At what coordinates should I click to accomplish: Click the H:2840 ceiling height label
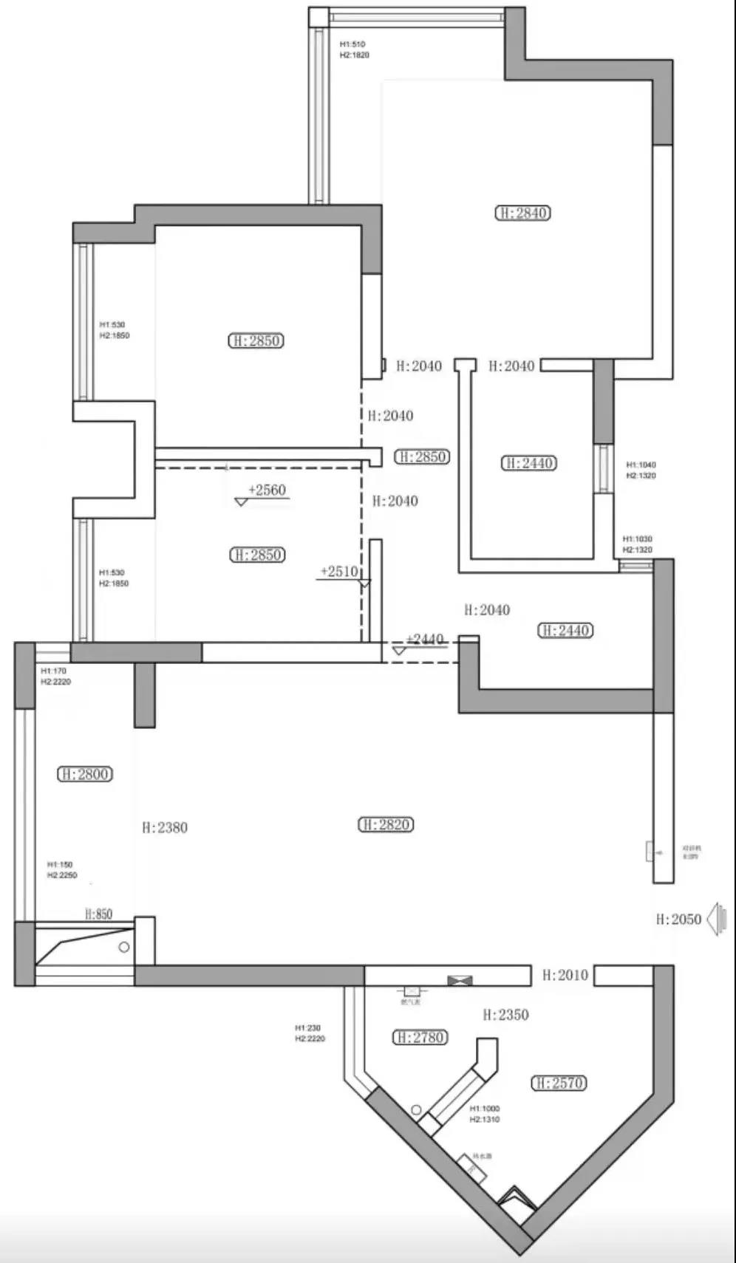523,213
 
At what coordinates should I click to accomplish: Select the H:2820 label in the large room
386,825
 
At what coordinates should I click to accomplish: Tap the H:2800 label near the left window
85,775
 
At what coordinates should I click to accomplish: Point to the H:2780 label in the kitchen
419,1038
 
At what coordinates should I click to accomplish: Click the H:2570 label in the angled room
559,1084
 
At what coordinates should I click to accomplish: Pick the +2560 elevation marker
267,490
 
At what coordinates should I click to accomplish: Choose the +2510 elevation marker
339,572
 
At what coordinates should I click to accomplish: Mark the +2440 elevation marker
425,640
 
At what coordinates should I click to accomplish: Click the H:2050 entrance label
678,920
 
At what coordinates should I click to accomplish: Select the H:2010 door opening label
565,976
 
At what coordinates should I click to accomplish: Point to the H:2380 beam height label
165,828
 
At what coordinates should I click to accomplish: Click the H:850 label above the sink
98,914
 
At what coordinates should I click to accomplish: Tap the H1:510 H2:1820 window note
354,50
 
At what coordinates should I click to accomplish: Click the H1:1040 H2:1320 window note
641,470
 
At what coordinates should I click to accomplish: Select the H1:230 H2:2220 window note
310,1033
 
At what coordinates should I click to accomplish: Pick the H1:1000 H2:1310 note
485,1114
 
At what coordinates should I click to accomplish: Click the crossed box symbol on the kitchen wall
459,981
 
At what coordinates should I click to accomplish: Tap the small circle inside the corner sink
124,948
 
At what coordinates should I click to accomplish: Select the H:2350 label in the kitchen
505,1016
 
